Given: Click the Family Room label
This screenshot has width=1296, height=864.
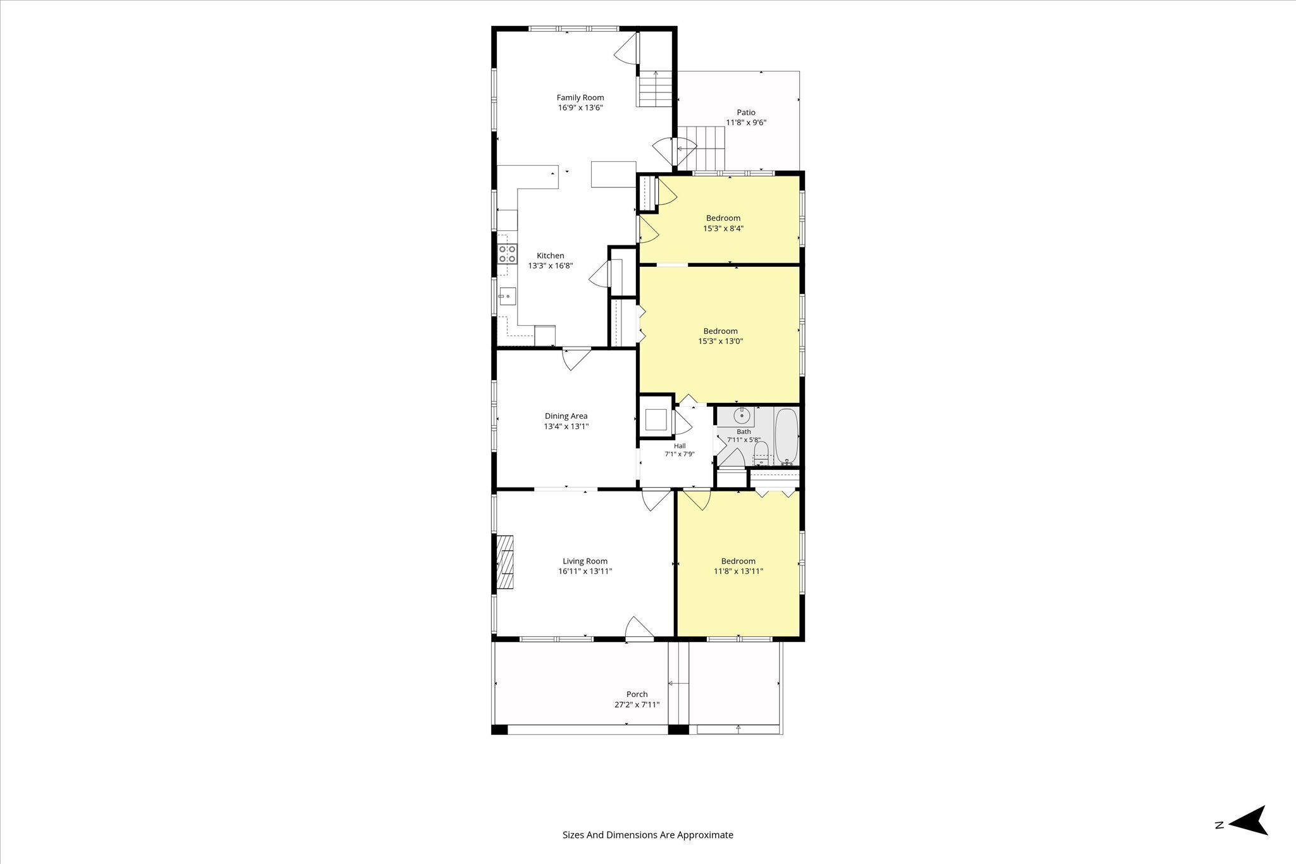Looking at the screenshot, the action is pos(580,97).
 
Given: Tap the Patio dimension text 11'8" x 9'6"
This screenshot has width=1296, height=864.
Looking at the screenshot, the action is pos(746,123).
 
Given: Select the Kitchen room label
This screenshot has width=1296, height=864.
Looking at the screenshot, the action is pos(551,256).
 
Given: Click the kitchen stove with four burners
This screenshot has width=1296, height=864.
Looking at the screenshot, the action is pos(506,254).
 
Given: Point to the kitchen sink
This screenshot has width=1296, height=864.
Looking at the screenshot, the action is pos(507,296).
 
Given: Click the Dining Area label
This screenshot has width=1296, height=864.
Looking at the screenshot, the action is pos(566,416).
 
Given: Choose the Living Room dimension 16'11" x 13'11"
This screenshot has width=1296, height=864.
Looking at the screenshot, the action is pos(585,571).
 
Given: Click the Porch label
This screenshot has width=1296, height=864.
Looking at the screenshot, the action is pos(637,694).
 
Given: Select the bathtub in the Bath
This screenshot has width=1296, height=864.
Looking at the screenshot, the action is pos(787,436).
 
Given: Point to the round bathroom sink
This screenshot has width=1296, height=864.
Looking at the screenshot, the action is pos(742,416).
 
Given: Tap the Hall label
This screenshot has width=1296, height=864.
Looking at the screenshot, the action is pos(680,446).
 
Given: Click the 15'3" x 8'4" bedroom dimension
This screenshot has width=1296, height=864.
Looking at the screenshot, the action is pos(723,228).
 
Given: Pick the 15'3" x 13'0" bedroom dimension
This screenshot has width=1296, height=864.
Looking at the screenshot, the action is pos(720,342).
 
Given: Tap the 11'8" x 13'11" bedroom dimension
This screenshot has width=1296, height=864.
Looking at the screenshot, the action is pos(738,571).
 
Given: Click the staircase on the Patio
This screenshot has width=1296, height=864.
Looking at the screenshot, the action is pos(701,148).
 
